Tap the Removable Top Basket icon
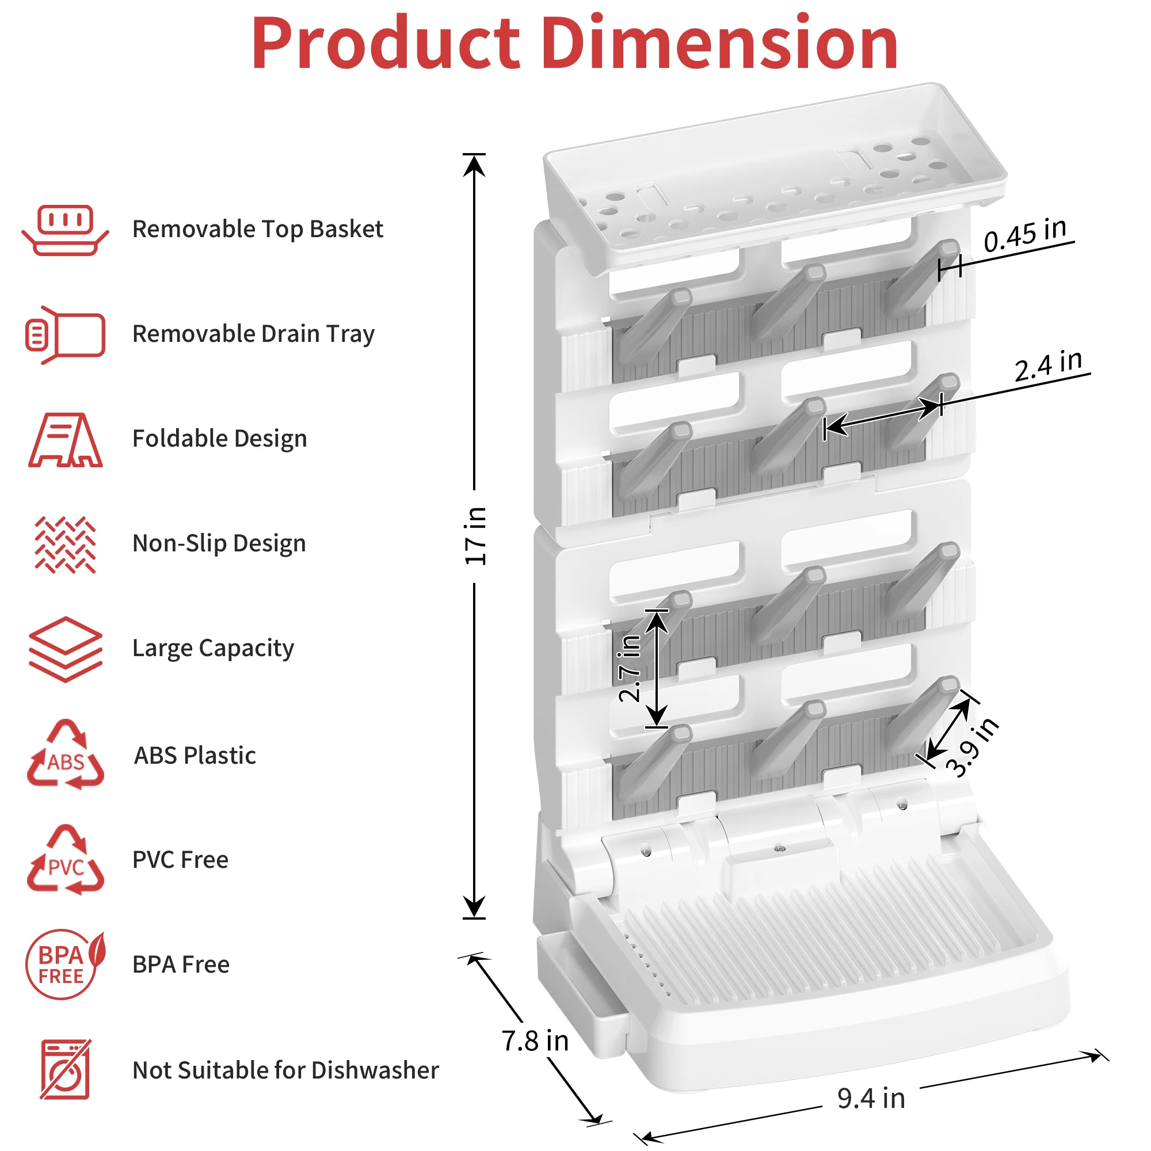coord(65,230)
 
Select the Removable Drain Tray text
coord(253,334)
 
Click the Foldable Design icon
coord(65,440)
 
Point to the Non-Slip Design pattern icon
coord(65,544)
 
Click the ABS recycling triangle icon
coord(65,756)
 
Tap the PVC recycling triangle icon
coord(65,860)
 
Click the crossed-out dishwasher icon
coord(65,1070)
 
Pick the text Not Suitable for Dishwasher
coord(285,1070)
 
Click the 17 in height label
coord(475,536)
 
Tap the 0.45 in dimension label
coord(1025,235)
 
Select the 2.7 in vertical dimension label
coord(630,668)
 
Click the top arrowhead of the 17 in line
coord(474,165)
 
